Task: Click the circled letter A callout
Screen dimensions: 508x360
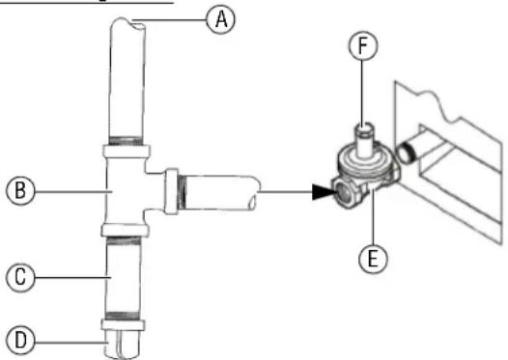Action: [x=224, y=18]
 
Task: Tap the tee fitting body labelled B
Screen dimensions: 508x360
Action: [x=125, y=193]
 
